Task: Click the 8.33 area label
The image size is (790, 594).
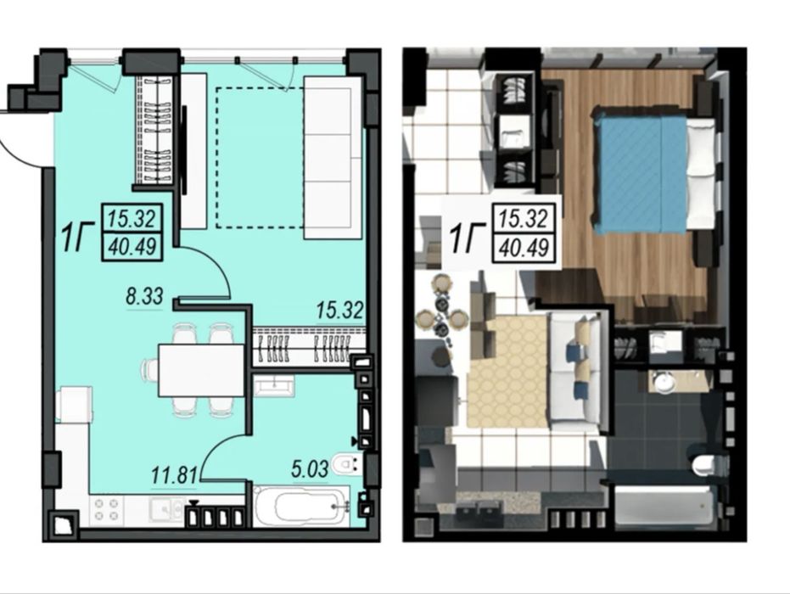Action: tap(144, 296)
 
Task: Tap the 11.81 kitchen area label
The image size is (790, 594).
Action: tap(175, 475)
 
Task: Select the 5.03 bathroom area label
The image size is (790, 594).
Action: tap(310, 468)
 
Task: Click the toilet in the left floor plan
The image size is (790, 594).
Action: tap(348, 463)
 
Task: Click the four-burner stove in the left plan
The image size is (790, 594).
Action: tap(107, 509)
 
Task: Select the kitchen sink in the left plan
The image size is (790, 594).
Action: tap(167, 509)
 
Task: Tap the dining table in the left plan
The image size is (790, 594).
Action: tap(202, 370)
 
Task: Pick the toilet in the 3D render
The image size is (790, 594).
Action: tap(709, 464)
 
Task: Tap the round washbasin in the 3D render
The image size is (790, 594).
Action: tap(665, 380)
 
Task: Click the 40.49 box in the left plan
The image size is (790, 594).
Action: tap(132, 247)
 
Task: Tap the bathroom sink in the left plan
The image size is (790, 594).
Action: tap(273, 386)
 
